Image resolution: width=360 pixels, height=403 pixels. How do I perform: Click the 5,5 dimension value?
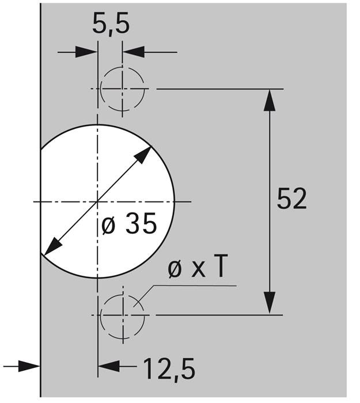(110, 25)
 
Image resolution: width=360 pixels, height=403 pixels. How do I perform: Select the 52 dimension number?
(291, 199)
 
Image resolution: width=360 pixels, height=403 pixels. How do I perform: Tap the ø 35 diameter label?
(128, 224)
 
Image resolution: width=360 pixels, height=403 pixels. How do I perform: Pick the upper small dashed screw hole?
(122, 89)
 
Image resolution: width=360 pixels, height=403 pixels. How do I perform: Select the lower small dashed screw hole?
(122, 315)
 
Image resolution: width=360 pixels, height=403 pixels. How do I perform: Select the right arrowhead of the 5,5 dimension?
(132, 52)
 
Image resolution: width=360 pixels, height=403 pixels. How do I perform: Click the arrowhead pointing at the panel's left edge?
(31, 365)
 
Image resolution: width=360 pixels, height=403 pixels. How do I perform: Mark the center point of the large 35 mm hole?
(98, 201)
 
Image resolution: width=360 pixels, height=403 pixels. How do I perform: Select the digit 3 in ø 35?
(132, 224)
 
